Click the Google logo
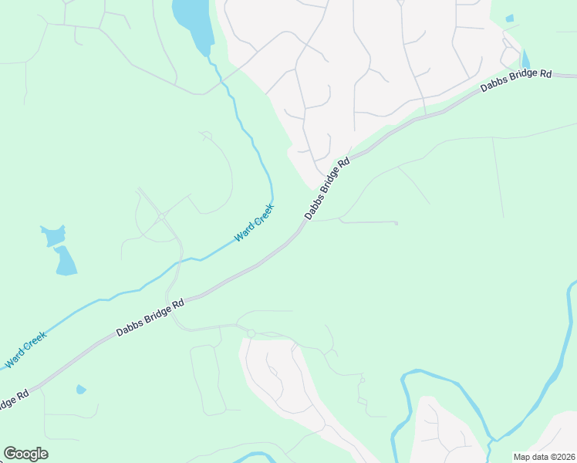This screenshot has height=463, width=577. click(x=25, y=454)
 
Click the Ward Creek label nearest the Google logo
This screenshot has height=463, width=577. click(x=26, y=349)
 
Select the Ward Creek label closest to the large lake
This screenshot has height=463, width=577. click(x=255, y=222)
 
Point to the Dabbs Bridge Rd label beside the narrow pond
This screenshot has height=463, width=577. click(x=516, y=80)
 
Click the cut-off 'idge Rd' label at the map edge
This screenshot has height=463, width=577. click(x=13, y=402)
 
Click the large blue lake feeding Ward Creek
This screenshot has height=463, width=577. click(x=191, y=22)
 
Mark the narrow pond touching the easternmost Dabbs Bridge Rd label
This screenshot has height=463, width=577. click(x=525, y=59)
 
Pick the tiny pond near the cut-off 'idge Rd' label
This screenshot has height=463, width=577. click(x=81, y=390)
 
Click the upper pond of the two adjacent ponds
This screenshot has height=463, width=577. click(x=52, y=235)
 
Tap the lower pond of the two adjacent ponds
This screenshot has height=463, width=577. click(x=65, y=262)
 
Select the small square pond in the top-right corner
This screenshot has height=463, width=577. click(x=509, y=18)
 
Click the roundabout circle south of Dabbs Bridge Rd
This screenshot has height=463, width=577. click(x=251, y=333)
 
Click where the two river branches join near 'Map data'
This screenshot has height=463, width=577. click(x=491, y=442)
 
